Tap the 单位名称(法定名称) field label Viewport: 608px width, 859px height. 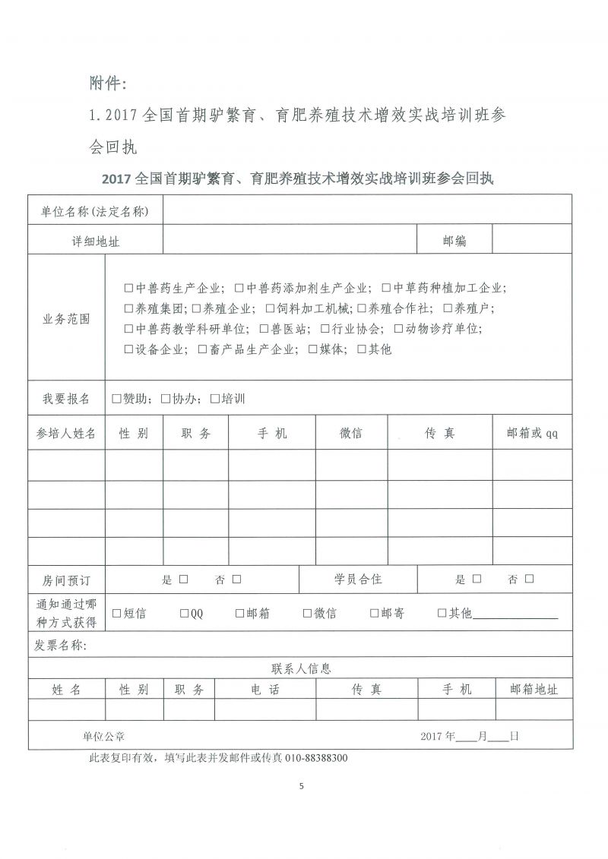point(95,210)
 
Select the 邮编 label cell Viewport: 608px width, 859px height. point(454,242)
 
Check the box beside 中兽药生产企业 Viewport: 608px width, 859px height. point(128,289)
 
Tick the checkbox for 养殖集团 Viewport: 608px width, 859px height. point(128,308)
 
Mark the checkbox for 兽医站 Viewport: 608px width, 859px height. point(264,329)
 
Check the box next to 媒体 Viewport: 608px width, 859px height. point(313,349)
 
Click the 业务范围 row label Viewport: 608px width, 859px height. point(66,319)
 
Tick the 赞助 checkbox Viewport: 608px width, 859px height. point(116,399)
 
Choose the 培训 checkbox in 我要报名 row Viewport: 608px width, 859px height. point(214,399)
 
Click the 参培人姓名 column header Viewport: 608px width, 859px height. point(66,433)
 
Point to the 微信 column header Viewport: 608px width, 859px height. point(350,433)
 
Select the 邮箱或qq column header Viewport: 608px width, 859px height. point(532,433)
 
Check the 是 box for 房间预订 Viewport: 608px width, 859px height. point(183,580)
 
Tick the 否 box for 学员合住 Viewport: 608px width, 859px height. point(529,580)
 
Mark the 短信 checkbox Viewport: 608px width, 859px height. point(117,613)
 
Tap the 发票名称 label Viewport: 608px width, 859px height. point(61,646)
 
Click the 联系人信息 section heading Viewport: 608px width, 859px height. point(300,669)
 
